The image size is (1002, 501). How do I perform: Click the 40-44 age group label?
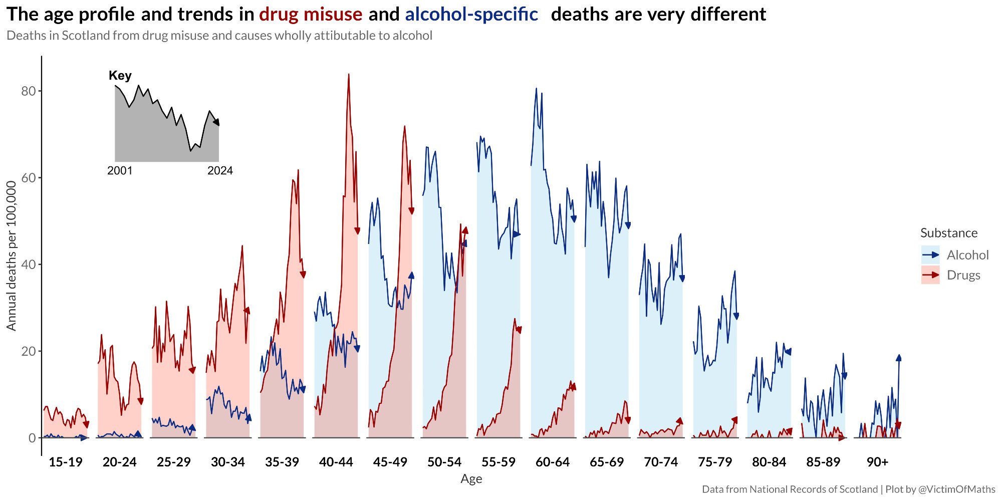pyautogui.click(x=336, y=462)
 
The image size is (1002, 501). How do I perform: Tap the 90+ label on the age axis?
pyautogui.click(x=877, y=462)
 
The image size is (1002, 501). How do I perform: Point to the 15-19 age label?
pyautogui.click(x=65, y=462)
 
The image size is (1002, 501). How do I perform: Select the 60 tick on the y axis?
pyautogui.click(x=29, y=178)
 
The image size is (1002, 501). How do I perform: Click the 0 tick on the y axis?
pyautogui.click(x=32, y=438)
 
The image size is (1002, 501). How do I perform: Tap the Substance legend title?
pyautogui.click(x=948, y=233)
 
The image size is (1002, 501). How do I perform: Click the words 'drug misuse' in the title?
pyautogui.click(x=311, y=15)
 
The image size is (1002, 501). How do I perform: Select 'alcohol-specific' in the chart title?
pyautogui.click(x=471, y=15)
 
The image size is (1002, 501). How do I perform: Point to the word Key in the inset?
pyautogui.click(x=120, y=76)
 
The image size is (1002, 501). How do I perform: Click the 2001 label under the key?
pyautogui.click(x=120, y=171)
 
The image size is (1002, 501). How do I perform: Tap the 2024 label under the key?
pyautogui.click(x=220, y=171)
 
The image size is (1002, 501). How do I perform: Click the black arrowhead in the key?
pyautogui.click(x=216, y=122)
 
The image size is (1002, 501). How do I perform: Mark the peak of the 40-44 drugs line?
pyautogui.click(x=349, y=75)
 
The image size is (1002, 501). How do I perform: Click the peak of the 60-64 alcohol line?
pyautogui.click(x=536, y=89)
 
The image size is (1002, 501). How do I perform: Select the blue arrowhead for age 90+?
pyautogui.click(x=899, y=357)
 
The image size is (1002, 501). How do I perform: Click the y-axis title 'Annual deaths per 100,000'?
pyautogui.click(x=12, y=256)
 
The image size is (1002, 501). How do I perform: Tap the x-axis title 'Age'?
pyautogui.click(x=471, y=479)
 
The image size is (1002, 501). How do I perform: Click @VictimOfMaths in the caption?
pyautogui.click(x=956, y=489)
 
